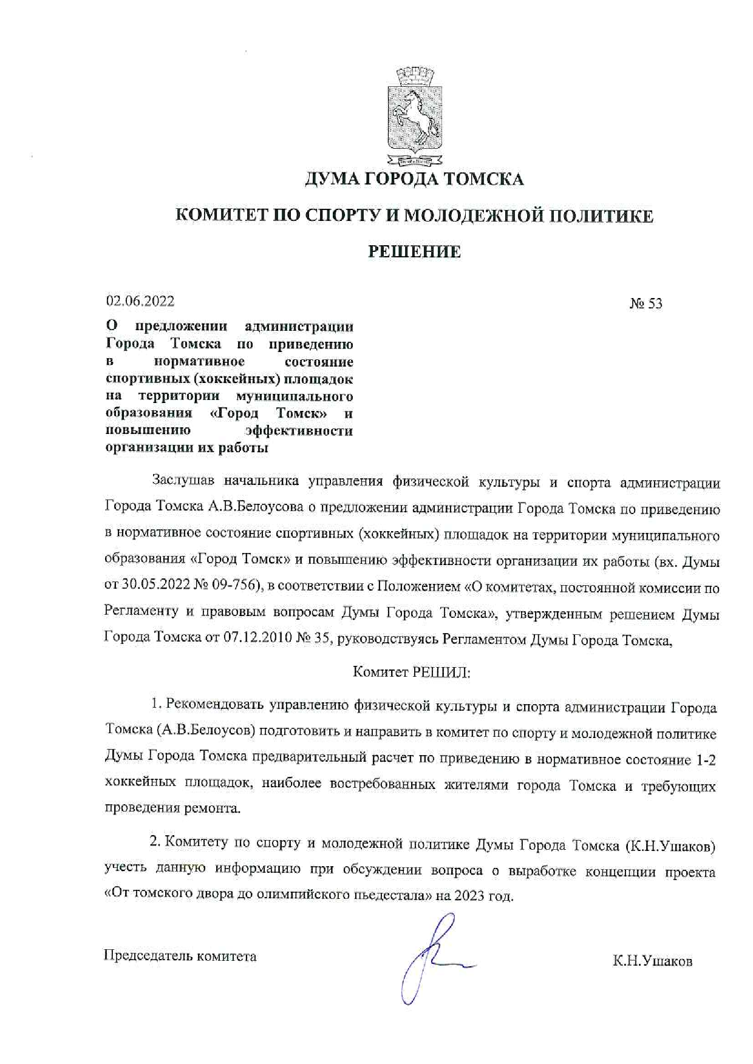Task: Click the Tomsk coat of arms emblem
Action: (x=415, y=118)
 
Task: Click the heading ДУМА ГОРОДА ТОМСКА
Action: (x=414, y=179)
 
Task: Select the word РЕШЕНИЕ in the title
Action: (x=414, y=251)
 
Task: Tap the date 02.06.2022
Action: (x=140, y=301)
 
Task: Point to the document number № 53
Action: (x=646, y=303)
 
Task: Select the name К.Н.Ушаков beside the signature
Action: (x=652, y=961)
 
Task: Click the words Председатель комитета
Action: (x=180, y=956)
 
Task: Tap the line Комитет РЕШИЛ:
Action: (x=412, y=672)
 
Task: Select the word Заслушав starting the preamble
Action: (x=183, y=481)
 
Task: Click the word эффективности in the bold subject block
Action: (x=298, y=431)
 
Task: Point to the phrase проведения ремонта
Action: (x=172, y=808)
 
